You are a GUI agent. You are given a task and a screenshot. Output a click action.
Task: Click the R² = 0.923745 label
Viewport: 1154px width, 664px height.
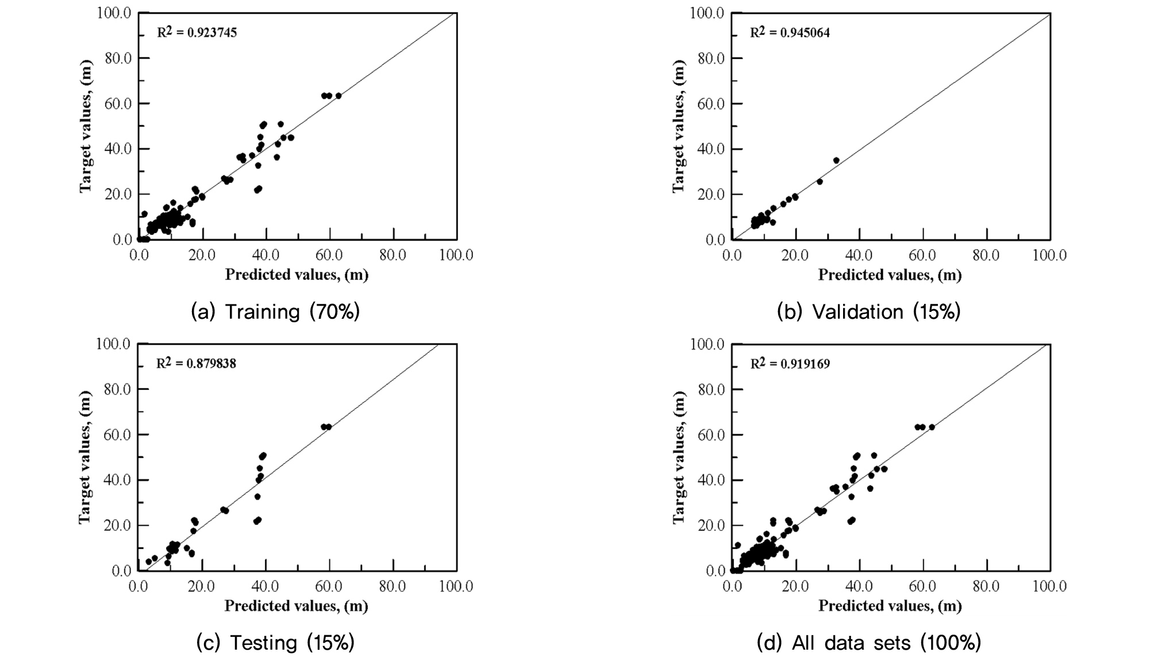[x=197, y=32]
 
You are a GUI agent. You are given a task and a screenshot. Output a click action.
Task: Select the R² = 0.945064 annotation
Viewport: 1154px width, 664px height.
[x=790, y=32]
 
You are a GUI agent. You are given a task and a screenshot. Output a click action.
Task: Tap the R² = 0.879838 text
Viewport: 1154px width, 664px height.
[x=196, y=364]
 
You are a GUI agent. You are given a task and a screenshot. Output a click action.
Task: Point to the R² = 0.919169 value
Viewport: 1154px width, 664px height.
[x=790, y=364]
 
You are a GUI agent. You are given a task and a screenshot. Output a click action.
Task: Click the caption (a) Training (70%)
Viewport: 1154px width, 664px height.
[x=275, y=311]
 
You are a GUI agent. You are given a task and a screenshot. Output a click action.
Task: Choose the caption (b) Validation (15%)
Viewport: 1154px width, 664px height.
[x=868, y=311]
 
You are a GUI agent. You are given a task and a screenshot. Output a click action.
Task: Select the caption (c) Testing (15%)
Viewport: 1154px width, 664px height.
[x=275, y=643]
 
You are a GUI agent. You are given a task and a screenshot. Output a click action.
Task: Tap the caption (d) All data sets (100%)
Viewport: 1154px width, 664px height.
[x=868, y=643]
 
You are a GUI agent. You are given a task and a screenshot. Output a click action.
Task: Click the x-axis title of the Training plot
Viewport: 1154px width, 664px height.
[x=297, y=275]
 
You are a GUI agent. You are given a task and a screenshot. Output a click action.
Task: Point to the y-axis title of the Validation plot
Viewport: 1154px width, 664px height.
[x=679, y=126]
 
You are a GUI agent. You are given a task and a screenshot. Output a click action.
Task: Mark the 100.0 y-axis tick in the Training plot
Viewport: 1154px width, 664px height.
[x=114, y=13]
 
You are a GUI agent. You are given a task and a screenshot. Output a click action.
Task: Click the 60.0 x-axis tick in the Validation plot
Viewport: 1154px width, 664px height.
[x=922, y=255]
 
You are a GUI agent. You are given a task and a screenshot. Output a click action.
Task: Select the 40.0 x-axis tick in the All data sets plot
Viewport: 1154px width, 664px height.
[x=859, y=586]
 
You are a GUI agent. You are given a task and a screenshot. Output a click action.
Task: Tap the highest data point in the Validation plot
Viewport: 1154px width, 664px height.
[x=836, y=160]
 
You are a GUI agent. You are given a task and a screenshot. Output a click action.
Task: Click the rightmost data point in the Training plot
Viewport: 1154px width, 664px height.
[x=338, y=96]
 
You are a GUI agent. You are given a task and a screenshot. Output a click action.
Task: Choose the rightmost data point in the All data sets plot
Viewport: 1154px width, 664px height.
[x=932, y=427]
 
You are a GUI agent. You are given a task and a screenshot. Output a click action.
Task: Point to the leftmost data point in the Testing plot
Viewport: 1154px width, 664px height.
[x=148, y=562]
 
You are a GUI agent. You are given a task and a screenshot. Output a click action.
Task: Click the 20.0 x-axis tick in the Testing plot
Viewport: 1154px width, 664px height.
[x=202, y=586]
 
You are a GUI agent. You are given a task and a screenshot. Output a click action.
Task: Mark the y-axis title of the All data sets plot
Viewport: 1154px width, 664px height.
[x=679, y=457]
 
